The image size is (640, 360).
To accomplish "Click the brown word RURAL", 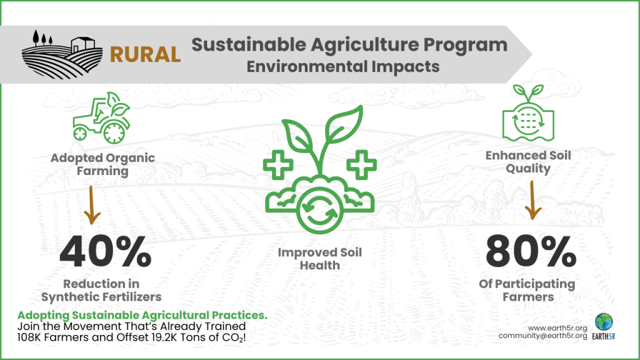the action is (x=145, y=55).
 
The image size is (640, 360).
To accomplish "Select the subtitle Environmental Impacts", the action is (x=343, y=66).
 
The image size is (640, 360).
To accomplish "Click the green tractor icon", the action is (x=101, y=118).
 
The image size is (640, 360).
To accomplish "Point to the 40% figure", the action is (x=105, y=252).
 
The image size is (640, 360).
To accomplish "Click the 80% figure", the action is (x=531, y=252).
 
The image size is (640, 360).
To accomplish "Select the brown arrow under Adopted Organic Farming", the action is (x=92, y=205).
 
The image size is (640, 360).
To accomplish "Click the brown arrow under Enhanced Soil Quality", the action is (x=532, y=201).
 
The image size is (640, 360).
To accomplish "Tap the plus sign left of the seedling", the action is (x=278, y=165).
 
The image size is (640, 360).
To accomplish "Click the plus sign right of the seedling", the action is (x=361, y=165).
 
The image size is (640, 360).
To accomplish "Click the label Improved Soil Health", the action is (x=319, y=259).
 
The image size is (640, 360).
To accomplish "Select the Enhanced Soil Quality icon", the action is (x=528, y=113).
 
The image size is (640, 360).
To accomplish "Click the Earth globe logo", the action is (x=604, y=322).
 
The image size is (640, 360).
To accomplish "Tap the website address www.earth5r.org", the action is (x=557, y=328).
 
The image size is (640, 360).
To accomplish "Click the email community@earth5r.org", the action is (x=543, y=336).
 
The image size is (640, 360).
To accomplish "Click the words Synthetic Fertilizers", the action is (x=101, y=297).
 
